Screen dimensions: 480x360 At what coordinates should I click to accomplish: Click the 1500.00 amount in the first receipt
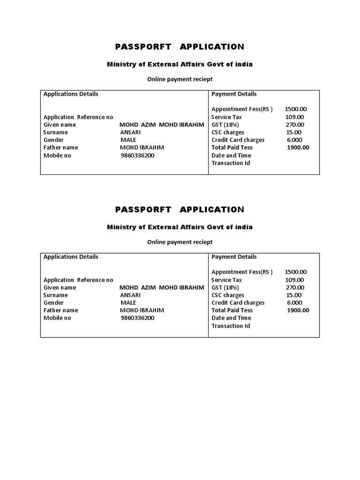click(x=295, y=109)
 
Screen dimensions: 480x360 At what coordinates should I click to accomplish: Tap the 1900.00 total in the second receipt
click(x=298, y=310)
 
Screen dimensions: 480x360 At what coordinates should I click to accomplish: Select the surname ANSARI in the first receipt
click(x=130, y=132)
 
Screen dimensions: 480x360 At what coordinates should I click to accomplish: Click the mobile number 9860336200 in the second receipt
click(x=137, y=318)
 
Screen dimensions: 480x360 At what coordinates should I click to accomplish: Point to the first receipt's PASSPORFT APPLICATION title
click(x=180, y=46)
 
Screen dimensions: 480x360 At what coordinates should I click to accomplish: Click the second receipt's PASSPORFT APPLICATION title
click(x=180, y=209)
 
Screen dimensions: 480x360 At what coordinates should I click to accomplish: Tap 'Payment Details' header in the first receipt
click(x=234, y=94)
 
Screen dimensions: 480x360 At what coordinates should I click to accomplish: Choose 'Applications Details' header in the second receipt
click(x=71, y=257)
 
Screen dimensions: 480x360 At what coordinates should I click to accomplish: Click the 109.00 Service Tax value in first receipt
click(x=294, y=117)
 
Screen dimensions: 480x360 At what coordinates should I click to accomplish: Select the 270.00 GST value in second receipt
click(x=294, y=287)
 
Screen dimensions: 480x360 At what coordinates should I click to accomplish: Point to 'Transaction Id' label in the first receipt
click(x=231, y=163)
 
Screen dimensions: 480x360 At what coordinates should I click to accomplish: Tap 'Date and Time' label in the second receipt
click(x=231, y=318)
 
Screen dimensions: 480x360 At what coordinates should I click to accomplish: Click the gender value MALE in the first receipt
click(x=128, y=140)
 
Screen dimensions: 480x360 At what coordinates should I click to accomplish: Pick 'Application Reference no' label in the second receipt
click(x=78, y=280)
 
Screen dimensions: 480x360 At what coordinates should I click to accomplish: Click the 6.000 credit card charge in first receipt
click(x=294, y=140)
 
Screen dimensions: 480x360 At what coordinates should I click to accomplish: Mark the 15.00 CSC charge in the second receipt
click(x=294, y=295)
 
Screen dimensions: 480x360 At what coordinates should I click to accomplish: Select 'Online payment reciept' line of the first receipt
click(x=180, y=79)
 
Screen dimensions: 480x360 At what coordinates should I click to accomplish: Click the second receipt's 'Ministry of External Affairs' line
click(x=180, y=227)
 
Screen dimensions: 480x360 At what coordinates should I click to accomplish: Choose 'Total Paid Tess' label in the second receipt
click(x=232, y=310)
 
